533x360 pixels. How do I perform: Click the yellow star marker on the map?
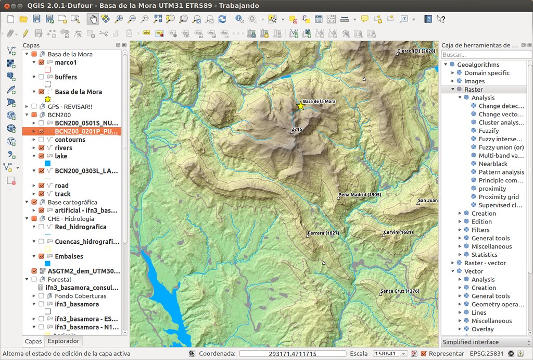[300, 106]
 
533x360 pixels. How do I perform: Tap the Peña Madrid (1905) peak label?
[360, 194]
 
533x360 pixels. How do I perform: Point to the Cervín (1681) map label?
[398, 232]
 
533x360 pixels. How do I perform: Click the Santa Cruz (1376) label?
[400, 291]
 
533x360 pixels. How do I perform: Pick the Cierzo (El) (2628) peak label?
[415, 51]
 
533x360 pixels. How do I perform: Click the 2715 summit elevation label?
[297, 129]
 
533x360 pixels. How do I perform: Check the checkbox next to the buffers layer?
[41, 77]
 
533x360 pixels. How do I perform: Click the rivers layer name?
[64, 148]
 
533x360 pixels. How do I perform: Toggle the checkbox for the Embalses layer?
[41, 256]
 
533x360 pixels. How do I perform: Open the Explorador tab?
[63, 341]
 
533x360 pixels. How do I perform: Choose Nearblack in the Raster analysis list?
[492, 164]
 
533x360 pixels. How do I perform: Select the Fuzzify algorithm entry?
[488, 131]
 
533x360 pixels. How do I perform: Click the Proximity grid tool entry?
[498, 197]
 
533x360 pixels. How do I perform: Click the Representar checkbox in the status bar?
[424, 354]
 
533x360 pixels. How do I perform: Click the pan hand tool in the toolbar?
[93, 19]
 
